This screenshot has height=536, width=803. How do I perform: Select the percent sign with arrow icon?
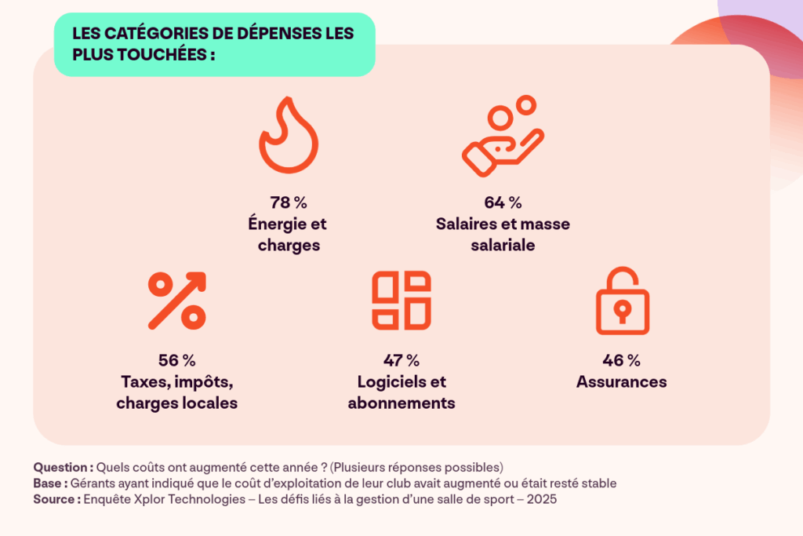(x=176, y=301)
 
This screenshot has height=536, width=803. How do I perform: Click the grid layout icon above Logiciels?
(x=401, y=301)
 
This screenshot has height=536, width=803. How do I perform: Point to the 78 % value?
(x=288, y=202)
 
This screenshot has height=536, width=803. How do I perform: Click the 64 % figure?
(x=503, y=202)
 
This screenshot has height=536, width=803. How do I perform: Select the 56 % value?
(x=176, y=361)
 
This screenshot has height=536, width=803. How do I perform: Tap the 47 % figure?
(x=401, y=361)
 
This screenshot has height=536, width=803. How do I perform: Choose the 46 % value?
(x=621, y=361)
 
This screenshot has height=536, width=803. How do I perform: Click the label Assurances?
(x=621, y=382)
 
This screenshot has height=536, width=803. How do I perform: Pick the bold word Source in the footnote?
(x=55, y=499)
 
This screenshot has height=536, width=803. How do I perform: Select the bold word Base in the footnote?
(x=49, y=483)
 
